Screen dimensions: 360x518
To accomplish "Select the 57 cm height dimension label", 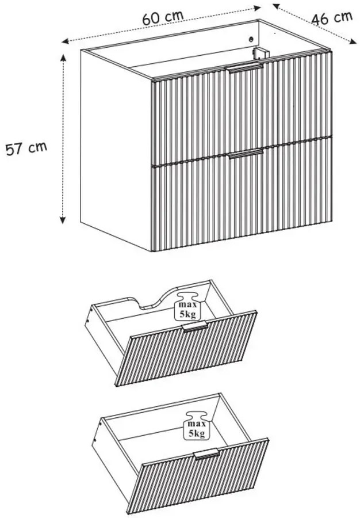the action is [x=26, y=148].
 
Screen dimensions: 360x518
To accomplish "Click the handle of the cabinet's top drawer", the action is [x=244, y=67].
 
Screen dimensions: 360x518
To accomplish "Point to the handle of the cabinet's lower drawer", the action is [x=246, y=153].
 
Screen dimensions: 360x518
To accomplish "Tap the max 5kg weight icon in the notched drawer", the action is [x=187, y=306].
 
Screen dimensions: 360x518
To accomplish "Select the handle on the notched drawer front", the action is [x=195, y=326].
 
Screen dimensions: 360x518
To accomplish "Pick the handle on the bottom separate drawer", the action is [x=206, y=454].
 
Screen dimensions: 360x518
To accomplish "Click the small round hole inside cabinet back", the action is [x=251, y=39].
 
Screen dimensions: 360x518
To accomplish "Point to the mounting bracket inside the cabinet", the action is [x=261, y=54].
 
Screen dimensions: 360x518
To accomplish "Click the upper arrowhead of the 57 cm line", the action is [x=63, y=58].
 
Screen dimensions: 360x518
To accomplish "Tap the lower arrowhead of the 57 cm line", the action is [x=63, y=219].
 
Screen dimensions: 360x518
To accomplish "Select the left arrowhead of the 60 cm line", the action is [x=66, y=41].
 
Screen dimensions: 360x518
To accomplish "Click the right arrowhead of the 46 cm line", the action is [x=353, y=41].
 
